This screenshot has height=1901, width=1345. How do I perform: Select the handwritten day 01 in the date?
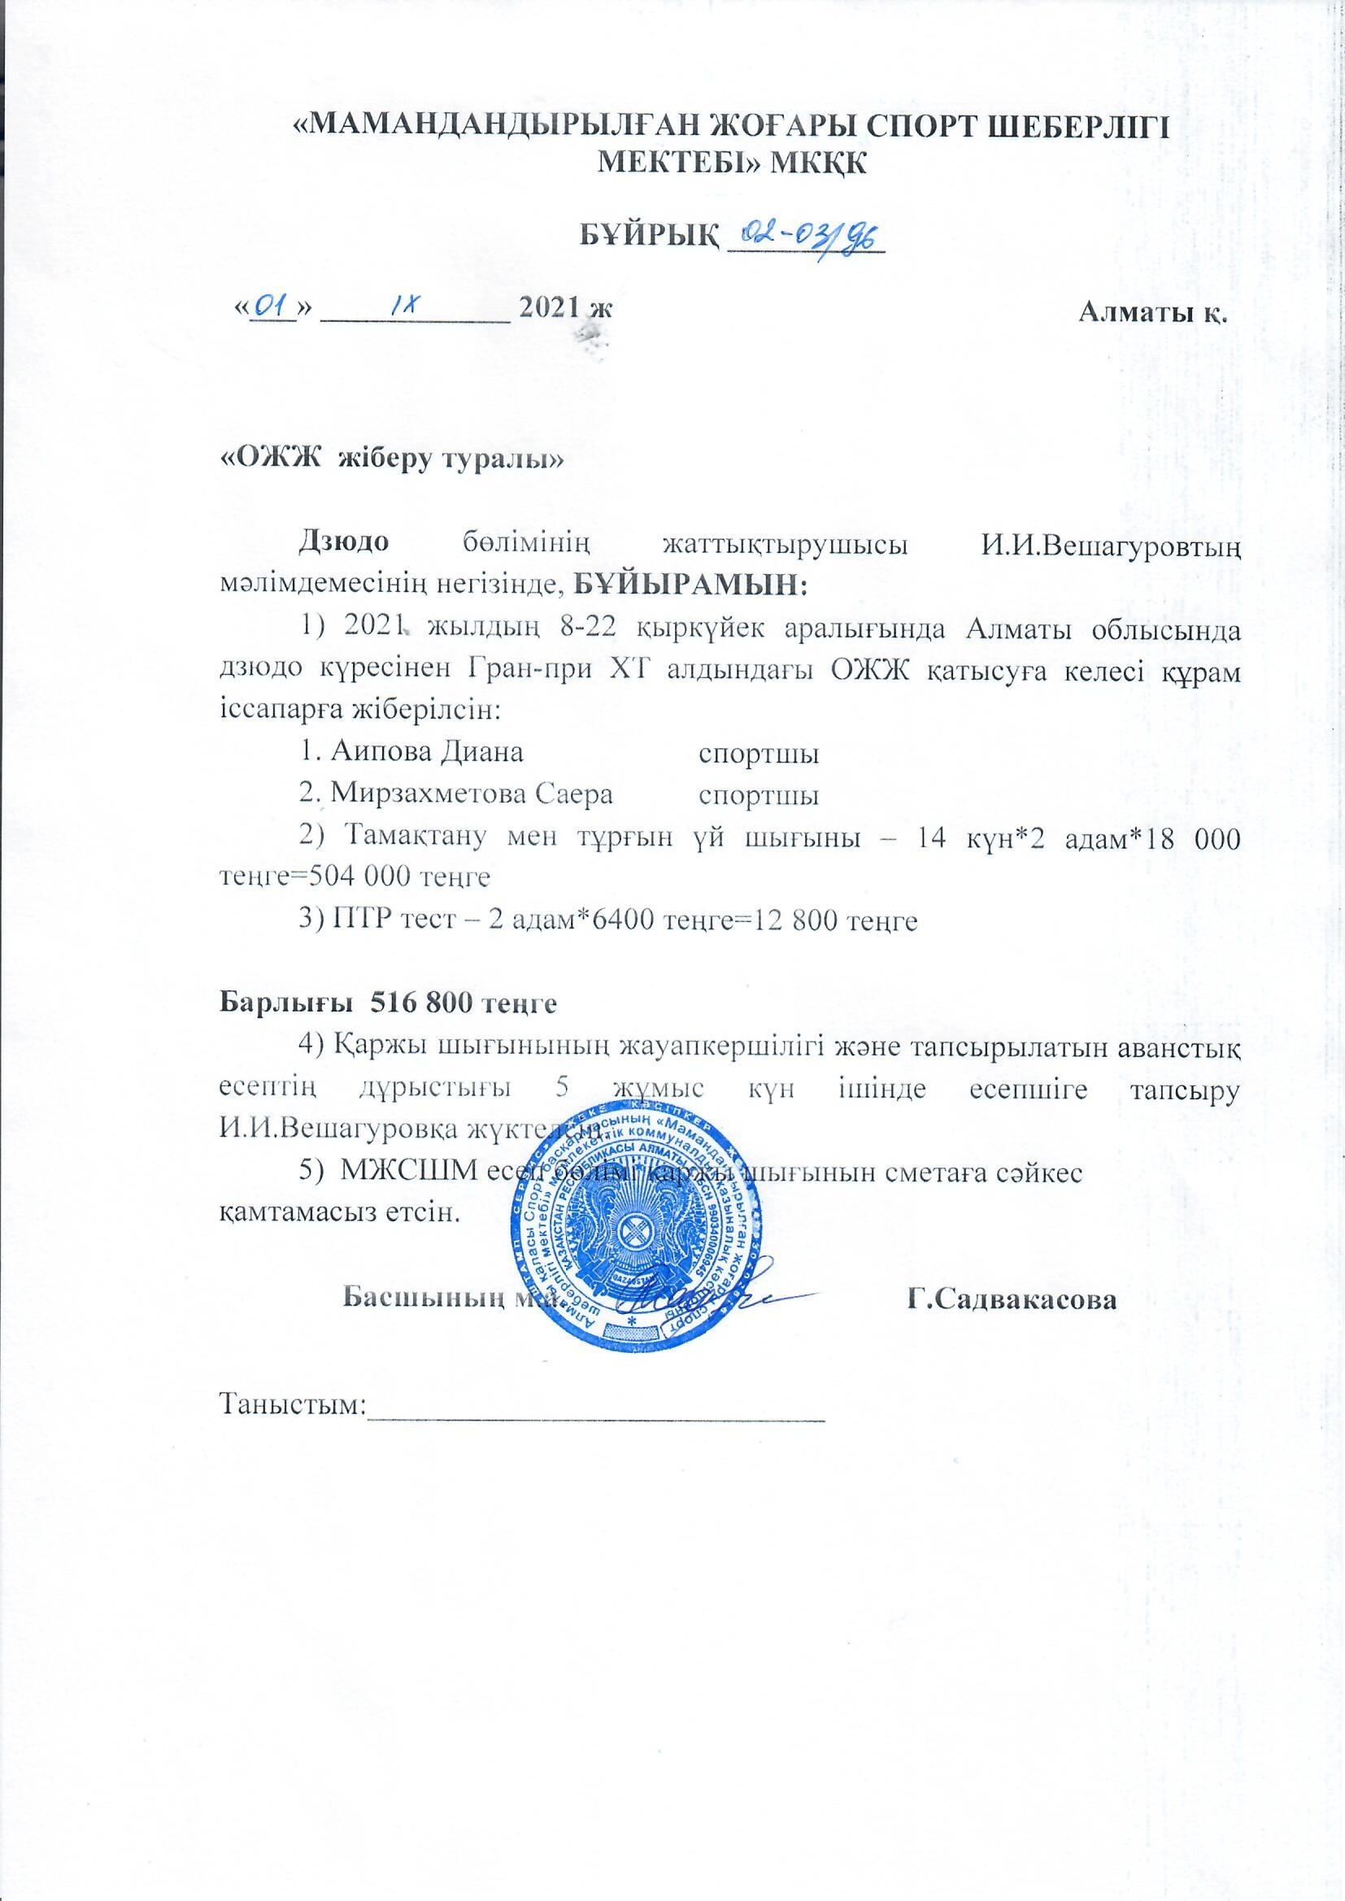[x=272, y=308]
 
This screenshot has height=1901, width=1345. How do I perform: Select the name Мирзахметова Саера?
[x=456, y=794]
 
